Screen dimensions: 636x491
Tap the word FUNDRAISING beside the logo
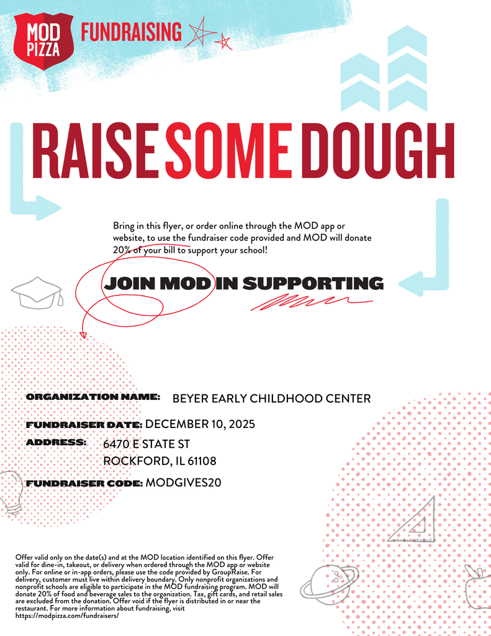click(132, 32)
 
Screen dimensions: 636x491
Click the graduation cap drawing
click(38, 293)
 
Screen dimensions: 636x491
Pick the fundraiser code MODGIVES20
click(183, 483)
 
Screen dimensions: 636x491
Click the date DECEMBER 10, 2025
click(200, 424)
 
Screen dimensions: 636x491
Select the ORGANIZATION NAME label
click(93, 396)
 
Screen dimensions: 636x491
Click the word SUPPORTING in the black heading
click(312, 284)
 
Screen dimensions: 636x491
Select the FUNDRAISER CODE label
click(84, 483)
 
